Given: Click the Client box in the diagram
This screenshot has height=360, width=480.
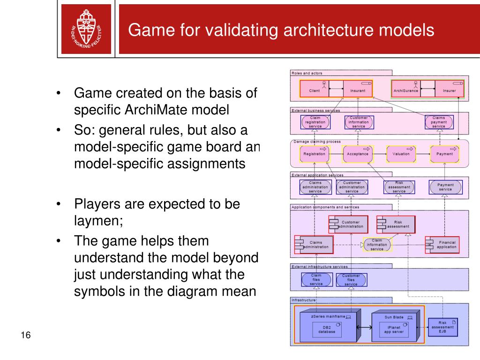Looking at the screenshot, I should (315, 90).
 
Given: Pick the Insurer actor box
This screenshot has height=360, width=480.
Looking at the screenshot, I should (449, 90).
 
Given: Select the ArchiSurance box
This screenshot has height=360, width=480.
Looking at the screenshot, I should (406, 90).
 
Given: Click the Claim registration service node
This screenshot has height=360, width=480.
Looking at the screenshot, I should (315, 122).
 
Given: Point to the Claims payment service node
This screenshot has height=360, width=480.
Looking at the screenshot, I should (439, 122).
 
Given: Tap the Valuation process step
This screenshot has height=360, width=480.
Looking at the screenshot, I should (401, 154).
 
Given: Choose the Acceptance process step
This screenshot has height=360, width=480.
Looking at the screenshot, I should (358, 154).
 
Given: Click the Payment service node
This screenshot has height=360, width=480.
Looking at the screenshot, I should (445, 187).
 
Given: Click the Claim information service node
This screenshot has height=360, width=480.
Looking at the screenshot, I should (377, 245).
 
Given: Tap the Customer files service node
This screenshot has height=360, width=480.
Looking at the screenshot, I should (351, 280).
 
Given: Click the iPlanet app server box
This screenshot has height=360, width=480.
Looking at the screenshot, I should (388, 330).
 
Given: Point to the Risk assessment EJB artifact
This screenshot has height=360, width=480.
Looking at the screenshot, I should (442, 327).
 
